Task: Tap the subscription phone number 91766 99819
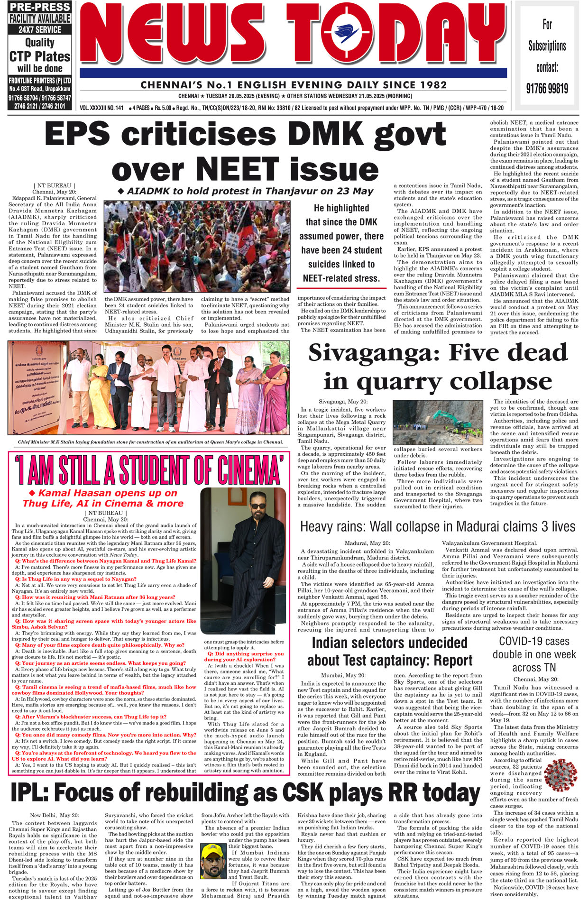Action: [547, 89]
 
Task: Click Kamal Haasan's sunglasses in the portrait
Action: [257, 506]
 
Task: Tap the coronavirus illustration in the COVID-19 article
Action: [560, 774]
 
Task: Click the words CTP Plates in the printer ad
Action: [40, 57]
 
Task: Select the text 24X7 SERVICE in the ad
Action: [40, 29]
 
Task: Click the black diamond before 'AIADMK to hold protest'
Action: [120, 191]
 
